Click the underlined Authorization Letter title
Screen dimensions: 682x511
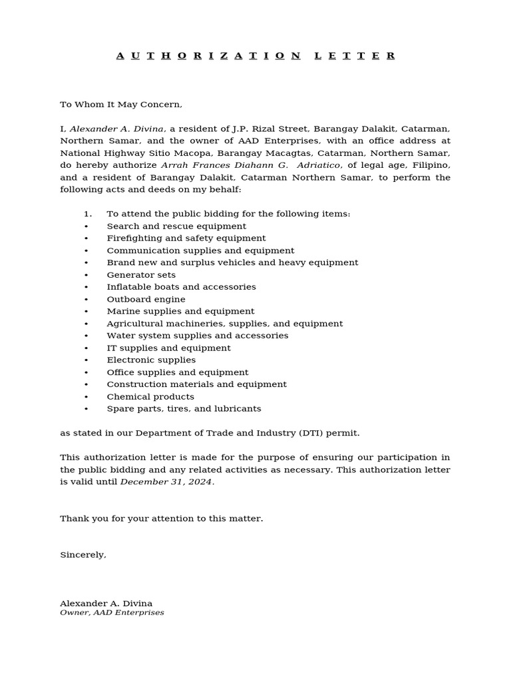255,56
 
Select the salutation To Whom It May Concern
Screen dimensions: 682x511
120,105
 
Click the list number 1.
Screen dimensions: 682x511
87,214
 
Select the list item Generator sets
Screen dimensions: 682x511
141,275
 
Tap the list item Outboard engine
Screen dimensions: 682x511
146,300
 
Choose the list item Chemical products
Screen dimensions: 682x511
150,397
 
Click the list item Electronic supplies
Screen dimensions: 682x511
151,360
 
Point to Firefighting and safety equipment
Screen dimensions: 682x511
186,238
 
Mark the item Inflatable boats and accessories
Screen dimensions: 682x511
181,287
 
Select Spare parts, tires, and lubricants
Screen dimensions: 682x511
184,409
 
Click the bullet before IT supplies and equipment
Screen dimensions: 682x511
86,348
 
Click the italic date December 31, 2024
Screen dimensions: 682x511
166,482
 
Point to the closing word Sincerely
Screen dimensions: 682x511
83,555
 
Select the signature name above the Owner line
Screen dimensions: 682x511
106,603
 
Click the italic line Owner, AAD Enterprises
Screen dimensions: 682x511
112,613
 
